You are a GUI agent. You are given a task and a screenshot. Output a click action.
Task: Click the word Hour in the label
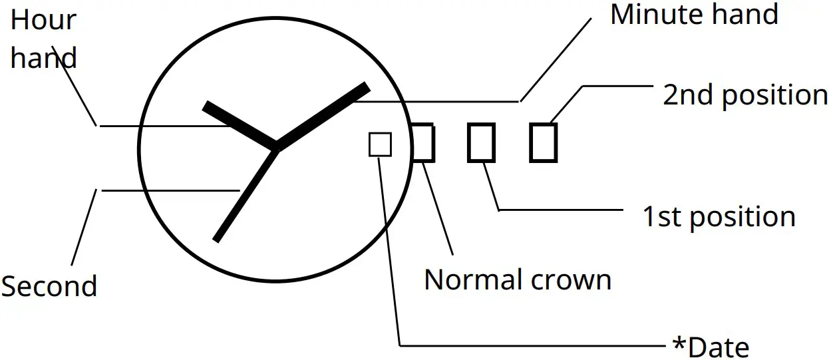[x=43, y=21]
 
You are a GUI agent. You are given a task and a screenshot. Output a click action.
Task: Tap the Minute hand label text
[x=694, y=15]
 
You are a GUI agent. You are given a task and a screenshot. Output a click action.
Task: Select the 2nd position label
[x=745, y=96]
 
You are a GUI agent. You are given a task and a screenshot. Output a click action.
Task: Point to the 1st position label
[x=719, y=218]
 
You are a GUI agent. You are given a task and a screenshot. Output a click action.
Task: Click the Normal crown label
[x=518, y=280]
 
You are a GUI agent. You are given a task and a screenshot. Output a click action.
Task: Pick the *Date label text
[x=711, y=347]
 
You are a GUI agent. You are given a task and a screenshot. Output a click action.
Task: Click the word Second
[x=49, y=287]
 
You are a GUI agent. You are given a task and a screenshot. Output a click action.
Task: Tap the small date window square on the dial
[x=380, y=144]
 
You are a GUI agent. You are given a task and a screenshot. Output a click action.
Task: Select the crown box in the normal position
[x=423, y=142]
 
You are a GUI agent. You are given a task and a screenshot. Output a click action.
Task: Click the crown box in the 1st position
[x=481, y=142]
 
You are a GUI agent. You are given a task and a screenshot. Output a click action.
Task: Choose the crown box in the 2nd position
[x=543, y=142]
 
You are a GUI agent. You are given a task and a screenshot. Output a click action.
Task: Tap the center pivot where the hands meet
[x=276, y=148]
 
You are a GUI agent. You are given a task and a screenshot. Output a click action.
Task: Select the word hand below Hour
[x=43, y=59]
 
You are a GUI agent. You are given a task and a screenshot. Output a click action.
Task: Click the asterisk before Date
[x=679, y=345]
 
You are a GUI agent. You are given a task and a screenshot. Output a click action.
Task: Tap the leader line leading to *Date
[x=532, y=346]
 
